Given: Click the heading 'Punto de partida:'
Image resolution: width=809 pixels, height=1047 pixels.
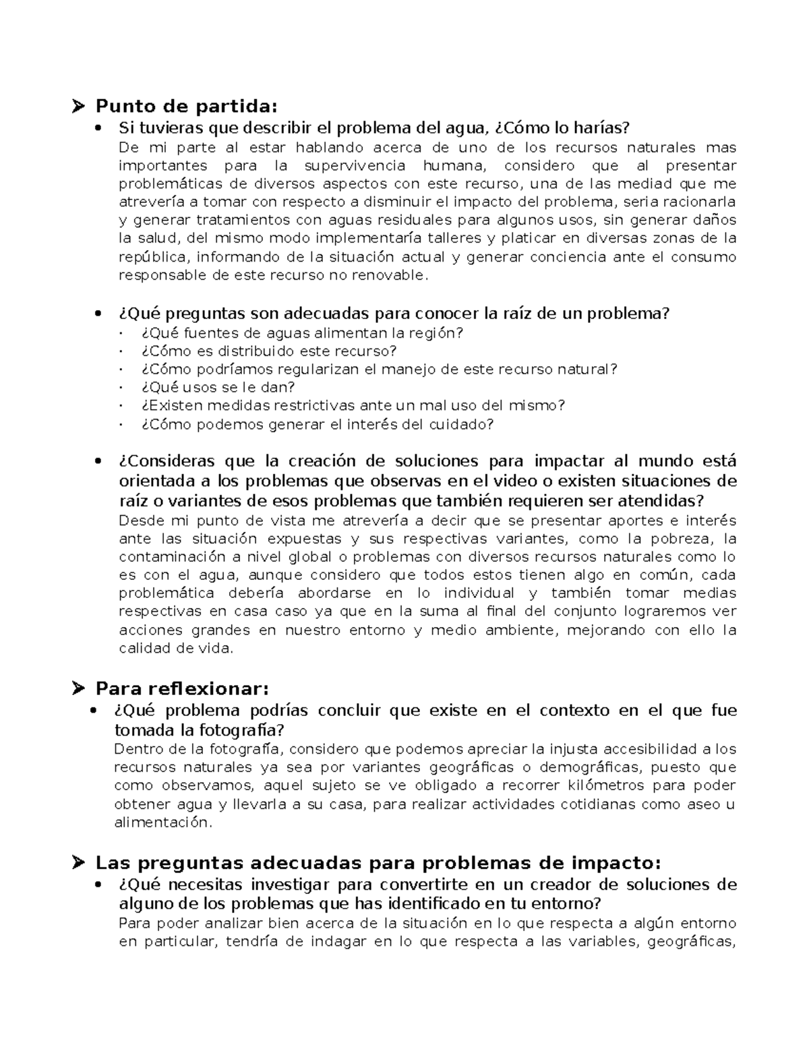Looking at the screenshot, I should click(186, 106).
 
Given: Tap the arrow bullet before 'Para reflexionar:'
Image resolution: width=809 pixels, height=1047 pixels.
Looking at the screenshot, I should click(80, 688).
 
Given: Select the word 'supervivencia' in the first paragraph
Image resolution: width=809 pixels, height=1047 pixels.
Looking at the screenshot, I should click(355, 166).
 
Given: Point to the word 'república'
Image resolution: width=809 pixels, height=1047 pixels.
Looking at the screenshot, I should click(154, 257).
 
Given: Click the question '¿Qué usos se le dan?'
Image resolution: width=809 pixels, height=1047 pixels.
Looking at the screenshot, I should click(218, 388).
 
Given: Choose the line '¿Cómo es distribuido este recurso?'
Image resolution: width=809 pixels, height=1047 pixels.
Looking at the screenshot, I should click(269, 351).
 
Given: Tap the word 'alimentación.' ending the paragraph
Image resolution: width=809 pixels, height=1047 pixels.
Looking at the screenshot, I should click(162, 822).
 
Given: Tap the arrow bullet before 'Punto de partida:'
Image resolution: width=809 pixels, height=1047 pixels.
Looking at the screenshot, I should click(80, 106).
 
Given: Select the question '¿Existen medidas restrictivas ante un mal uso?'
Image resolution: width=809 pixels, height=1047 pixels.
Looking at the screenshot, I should click(353, 406).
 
